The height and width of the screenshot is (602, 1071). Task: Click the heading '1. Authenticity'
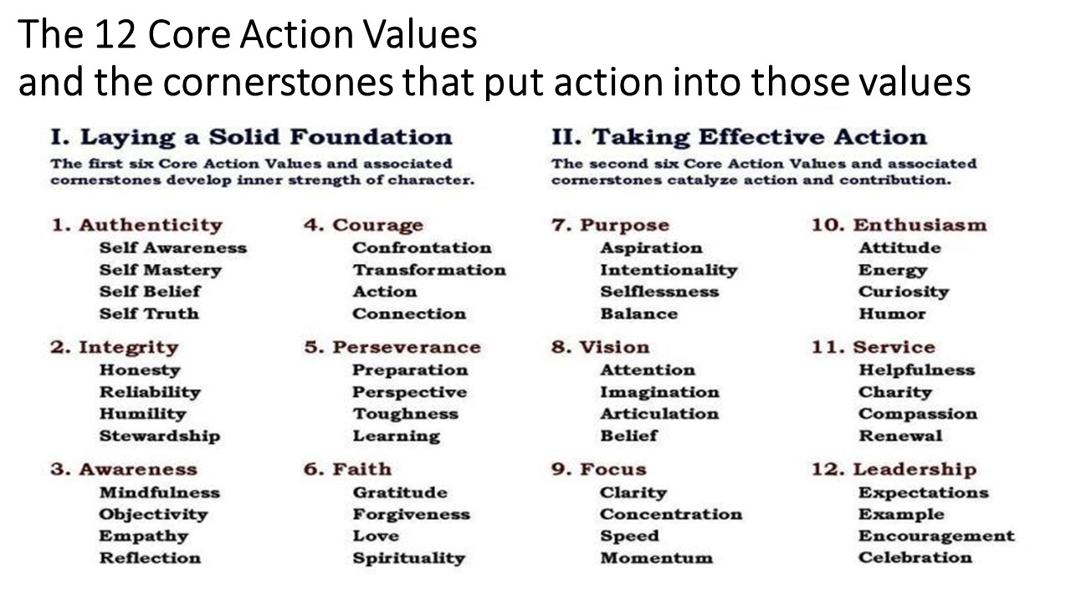(136, 225)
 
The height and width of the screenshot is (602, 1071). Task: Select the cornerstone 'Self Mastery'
(160, 270)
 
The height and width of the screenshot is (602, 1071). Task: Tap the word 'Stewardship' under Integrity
(160, 436)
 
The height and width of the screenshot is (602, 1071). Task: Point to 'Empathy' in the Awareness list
(143, 536)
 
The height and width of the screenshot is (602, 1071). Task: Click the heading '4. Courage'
(363, 225)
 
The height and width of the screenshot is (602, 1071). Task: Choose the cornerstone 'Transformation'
(429, 270)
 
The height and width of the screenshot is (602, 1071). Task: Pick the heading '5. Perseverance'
(392, 347)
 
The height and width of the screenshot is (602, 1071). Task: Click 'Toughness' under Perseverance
(406, 414)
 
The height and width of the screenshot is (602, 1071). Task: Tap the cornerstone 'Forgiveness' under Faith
(411, 514)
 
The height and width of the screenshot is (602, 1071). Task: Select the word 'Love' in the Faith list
(376, 536)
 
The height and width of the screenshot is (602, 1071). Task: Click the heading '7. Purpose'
(610, 225)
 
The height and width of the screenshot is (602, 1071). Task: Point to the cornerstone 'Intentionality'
(669, 270)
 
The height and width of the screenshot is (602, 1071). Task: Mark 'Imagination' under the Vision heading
(660, 392)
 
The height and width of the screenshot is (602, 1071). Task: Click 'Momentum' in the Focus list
(657, 558)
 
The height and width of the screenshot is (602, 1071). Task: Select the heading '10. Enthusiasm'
(899, 225)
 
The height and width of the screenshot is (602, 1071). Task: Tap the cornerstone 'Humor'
(892, 314)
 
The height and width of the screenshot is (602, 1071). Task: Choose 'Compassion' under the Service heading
(918, 414)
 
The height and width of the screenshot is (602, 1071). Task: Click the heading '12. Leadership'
(894, 469)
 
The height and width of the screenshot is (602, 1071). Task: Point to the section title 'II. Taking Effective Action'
(739, 137)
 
